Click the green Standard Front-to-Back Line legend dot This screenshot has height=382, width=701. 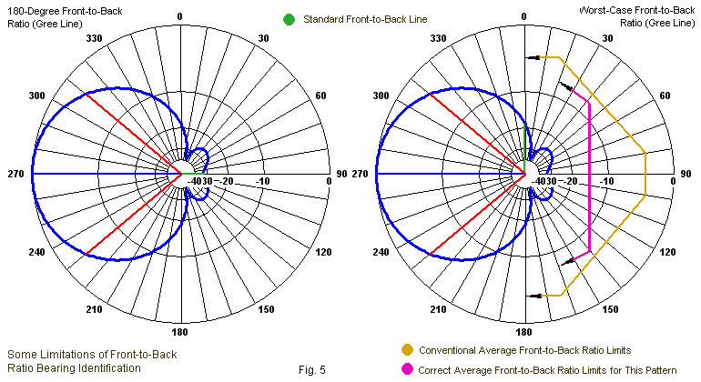[289, 19]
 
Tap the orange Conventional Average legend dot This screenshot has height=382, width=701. [407, 349]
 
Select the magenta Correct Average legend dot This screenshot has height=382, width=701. [407, 368]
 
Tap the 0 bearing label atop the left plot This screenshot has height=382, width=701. [179, 16]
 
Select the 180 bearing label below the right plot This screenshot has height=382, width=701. [524, 332]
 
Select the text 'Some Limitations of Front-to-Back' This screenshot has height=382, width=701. [91, 354]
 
